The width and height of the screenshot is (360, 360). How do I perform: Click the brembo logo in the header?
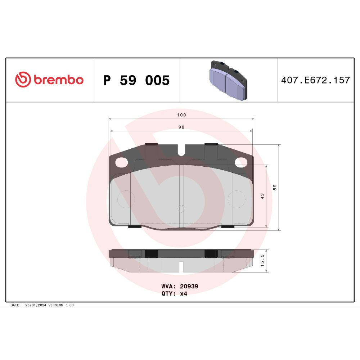point(49,80)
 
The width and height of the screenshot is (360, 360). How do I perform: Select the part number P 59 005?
point(136,80)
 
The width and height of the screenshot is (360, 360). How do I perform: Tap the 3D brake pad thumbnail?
point(229,80)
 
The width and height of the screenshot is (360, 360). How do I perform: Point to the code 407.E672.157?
point(315,80)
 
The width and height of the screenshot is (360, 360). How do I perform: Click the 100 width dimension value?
point(181,115)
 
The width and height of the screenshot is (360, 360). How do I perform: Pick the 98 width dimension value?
point(181,127)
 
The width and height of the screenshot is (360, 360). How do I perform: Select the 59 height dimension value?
point(275,187)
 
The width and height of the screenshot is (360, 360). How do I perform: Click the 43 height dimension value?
point(262,196)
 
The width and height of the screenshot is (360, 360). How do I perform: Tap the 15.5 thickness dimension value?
point(262,260)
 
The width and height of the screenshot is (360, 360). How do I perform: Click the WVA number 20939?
point(189,286)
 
